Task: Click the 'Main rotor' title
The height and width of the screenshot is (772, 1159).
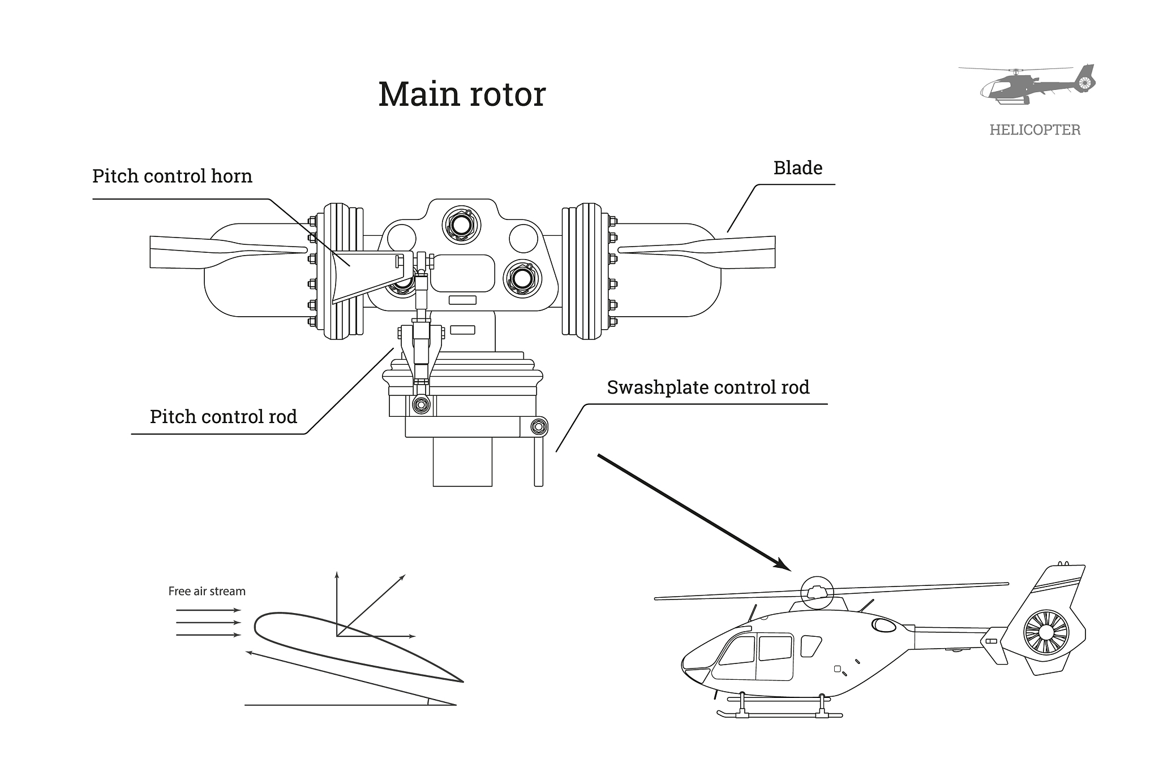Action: click(462, 94)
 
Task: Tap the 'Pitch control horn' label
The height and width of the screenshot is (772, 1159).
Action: click(172, 176)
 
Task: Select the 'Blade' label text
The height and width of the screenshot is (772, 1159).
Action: click(797, 168)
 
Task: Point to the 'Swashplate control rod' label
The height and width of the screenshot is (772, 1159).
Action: click(708, 387)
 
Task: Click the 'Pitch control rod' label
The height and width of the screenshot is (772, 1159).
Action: click(223, 417)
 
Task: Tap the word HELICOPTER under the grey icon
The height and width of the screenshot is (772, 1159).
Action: click(1034, 130)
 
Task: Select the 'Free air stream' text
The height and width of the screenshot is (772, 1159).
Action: click(207, 592)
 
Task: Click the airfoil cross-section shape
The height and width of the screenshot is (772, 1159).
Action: click(340, 645)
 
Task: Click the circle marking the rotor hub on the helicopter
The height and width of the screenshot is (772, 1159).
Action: click(818, 592)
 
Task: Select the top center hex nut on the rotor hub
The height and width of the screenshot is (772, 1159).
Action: click(461, 225)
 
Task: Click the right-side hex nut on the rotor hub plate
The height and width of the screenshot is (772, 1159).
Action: click(522, 278)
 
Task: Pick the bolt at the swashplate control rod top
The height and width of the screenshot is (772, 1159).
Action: click(538, 426)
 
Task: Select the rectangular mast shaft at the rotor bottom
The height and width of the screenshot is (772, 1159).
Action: click(462, 462)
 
